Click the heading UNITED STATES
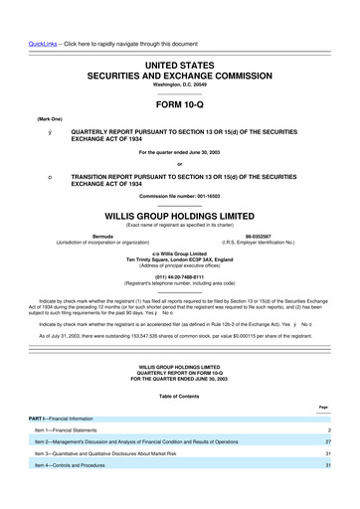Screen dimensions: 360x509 (179, 63)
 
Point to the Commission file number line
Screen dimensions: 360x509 (179, 195)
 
